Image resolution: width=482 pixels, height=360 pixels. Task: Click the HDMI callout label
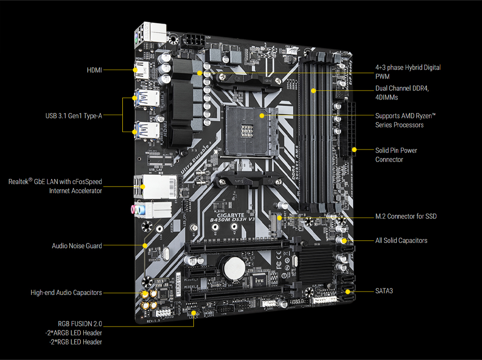coord(94,70)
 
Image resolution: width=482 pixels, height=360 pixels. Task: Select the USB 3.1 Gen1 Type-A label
coord(73,116)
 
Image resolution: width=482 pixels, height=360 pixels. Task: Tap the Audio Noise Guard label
coord(77,246)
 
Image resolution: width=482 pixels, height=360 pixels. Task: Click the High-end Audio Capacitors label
coord(66,292)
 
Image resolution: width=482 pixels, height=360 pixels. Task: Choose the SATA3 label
coord(384,290)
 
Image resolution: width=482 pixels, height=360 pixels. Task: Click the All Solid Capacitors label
coord(401,240)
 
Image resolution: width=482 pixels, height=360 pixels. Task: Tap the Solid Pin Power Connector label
coord(396,154)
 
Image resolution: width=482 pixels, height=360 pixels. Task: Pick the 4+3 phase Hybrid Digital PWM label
coord(408,71)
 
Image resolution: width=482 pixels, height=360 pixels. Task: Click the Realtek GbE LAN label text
coord(55,186)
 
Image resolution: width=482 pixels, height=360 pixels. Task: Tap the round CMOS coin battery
coord(233,267)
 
